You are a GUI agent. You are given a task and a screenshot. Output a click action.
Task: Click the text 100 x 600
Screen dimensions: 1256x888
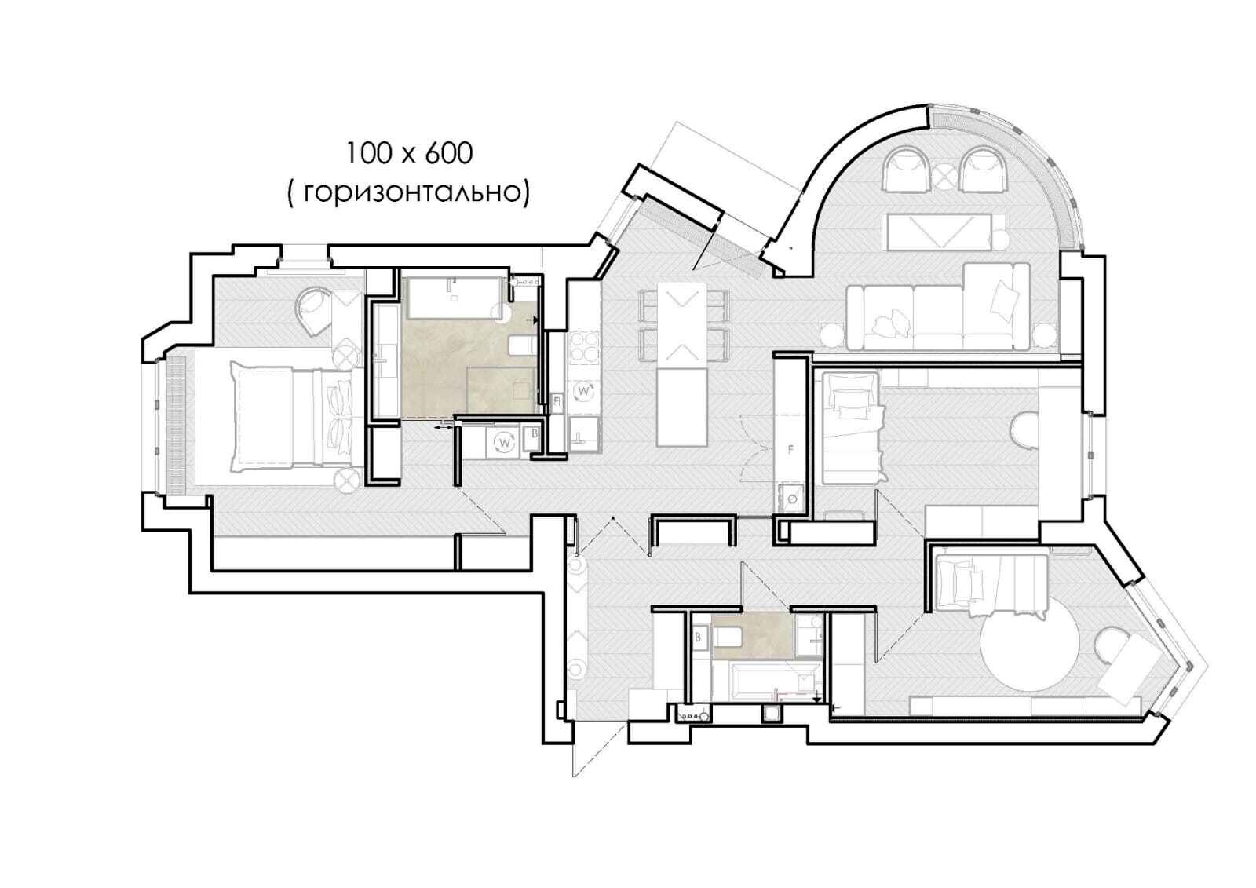pyautogui.click(x=409, y=154)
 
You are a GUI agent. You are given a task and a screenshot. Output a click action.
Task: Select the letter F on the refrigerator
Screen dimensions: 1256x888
pyautogui.click(x=790, y=449)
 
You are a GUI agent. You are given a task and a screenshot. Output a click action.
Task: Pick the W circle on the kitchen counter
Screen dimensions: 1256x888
pyautogui.click(x=584, y=391)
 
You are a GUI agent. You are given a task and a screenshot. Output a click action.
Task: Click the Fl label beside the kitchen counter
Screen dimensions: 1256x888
pyautogui.click(x=557, y=402)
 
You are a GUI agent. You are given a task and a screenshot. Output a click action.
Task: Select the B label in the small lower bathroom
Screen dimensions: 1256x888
pyautogui.click(x=698, y=638)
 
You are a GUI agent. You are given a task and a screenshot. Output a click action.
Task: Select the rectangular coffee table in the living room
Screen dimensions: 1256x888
pyautogui.click(x=939, y=232)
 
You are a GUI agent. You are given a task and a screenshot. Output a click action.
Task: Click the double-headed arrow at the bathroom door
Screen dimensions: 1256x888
pyautogui.click(x=444, y=427)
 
